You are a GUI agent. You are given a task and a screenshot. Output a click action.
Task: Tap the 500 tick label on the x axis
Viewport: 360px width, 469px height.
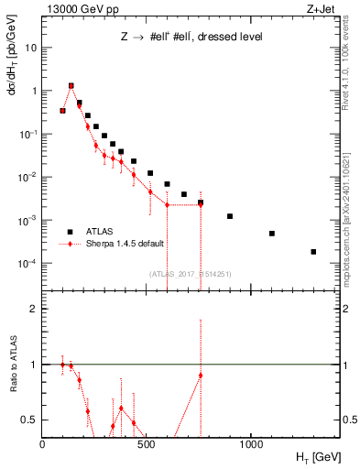147,443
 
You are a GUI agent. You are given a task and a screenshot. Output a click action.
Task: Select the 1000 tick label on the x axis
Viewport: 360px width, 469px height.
251,443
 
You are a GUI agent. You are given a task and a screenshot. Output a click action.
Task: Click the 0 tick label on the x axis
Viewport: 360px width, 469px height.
42,443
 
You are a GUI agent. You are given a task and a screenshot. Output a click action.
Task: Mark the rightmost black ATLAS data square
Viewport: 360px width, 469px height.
313,252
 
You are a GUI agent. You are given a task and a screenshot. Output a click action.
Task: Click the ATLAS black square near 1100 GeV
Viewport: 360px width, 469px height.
272,234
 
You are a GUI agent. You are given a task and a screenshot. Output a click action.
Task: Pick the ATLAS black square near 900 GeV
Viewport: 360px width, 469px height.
230,216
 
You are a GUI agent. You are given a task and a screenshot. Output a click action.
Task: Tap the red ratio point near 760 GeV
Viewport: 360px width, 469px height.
201,376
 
